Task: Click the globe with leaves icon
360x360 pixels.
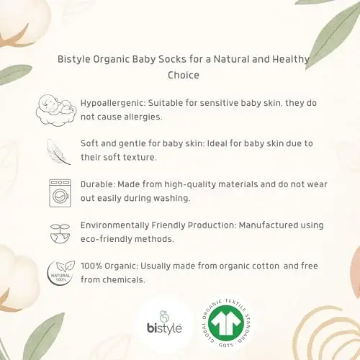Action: (55, 233)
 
